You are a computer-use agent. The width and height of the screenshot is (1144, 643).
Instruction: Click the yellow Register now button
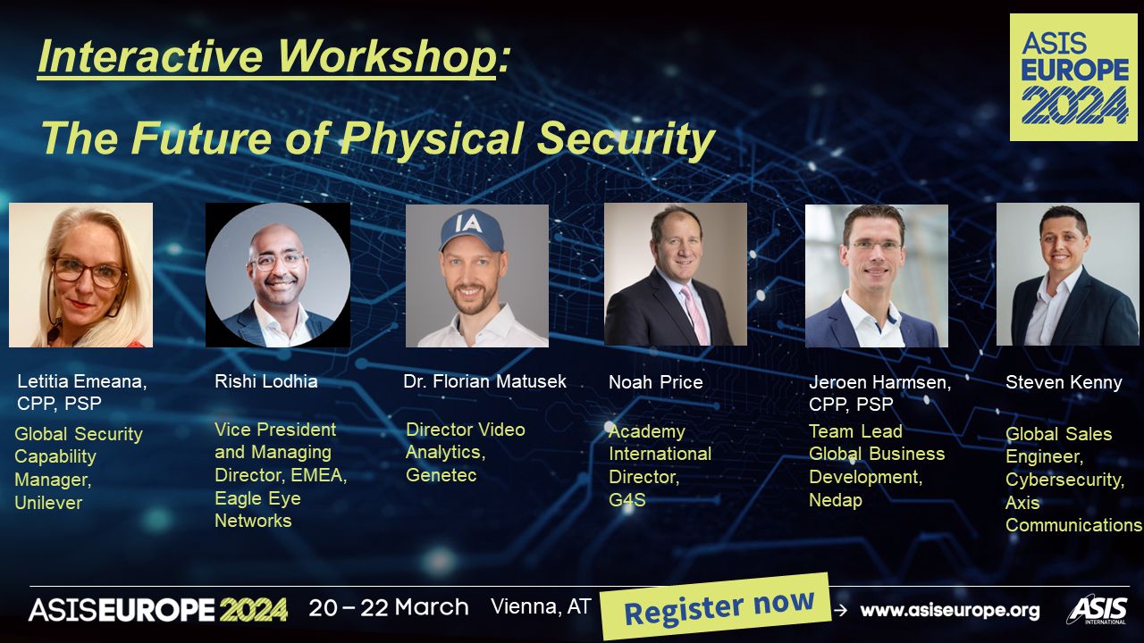(716, 606)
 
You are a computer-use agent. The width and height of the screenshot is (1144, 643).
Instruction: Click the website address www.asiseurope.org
(950, 610)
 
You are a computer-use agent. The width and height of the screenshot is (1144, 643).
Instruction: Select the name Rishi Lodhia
(266, 381)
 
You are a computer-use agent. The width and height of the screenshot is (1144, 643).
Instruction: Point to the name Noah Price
(656, 382)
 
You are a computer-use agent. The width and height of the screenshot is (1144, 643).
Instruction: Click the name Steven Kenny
(1064, 382)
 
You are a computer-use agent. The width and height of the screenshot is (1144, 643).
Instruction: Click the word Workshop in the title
(386, 55)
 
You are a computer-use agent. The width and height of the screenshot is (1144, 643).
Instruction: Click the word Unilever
(48, 503)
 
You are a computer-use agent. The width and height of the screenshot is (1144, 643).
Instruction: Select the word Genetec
(442, 475)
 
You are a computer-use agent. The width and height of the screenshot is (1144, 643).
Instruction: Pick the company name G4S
(627, 499)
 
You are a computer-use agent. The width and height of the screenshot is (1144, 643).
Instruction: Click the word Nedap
(836, 500)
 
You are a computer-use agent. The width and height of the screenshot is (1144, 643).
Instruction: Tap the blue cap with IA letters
(473, 230)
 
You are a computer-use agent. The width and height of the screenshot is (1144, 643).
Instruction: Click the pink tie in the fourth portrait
(695, 313)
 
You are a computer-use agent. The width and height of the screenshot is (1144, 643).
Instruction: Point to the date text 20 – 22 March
(389, 607)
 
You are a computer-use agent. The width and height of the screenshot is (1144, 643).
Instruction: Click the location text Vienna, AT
(541, 606)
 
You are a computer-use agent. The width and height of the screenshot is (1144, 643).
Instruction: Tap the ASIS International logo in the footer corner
(1097, 609)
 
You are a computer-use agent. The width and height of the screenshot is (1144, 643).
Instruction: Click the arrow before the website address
(840, 610)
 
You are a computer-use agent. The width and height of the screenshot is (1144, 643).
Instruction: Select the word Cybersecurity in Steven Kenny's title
(1064, 480)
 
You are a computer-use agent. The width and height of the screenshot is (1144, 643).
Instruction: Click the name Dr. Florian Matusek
(484, 381)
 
